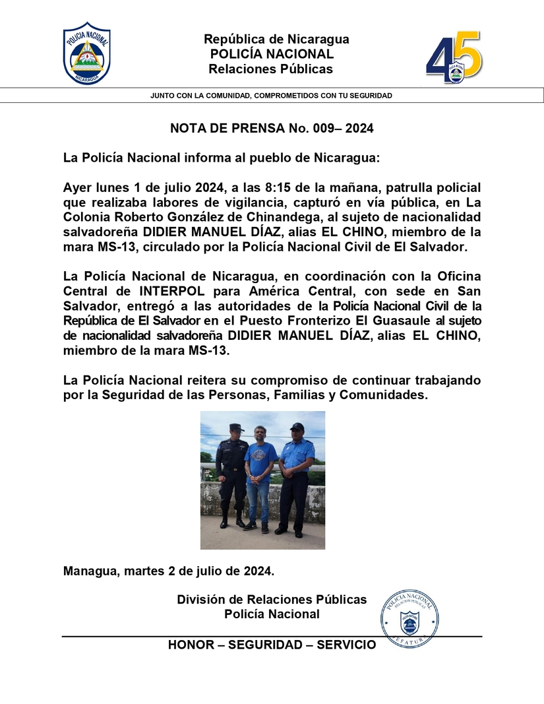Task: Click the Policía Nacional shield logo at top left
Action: pos(86,54)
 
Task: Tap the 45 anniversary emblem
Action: pos(454,58)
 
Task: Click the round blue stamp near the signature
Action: pos(409,617)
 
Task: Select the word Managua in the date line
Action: pos(90,569)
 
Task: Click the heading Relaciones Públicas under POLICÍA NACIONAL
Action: pos(271,69)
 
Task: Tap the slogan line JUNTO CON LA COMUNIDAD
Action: pos(271,96)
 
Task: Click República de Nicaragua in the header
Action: pos(276,39)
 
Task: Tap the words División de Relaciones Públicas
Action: pos(272,600)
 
